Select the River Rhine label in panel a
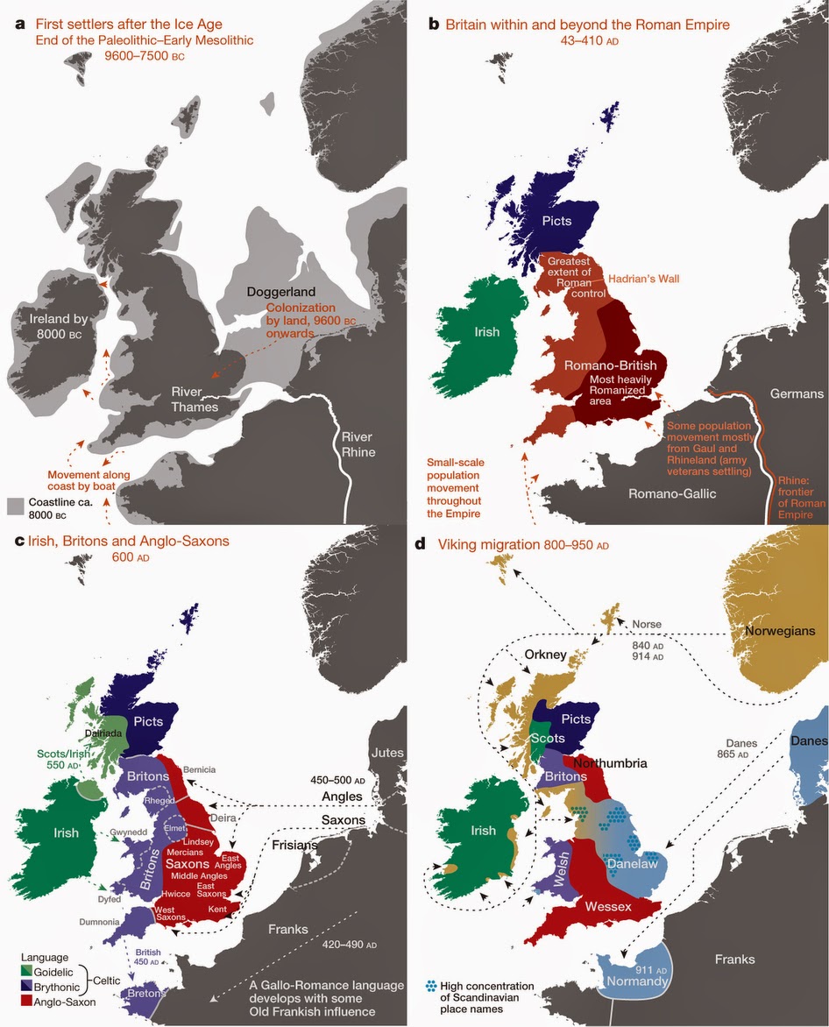(x=358, y=444)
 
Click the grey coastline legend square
(x=15, y=506)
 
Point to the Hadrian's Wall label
(x=645, y=279)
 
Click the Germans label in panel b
(x=795, y=394)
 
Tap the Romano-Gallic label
(x=673, y=494)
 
